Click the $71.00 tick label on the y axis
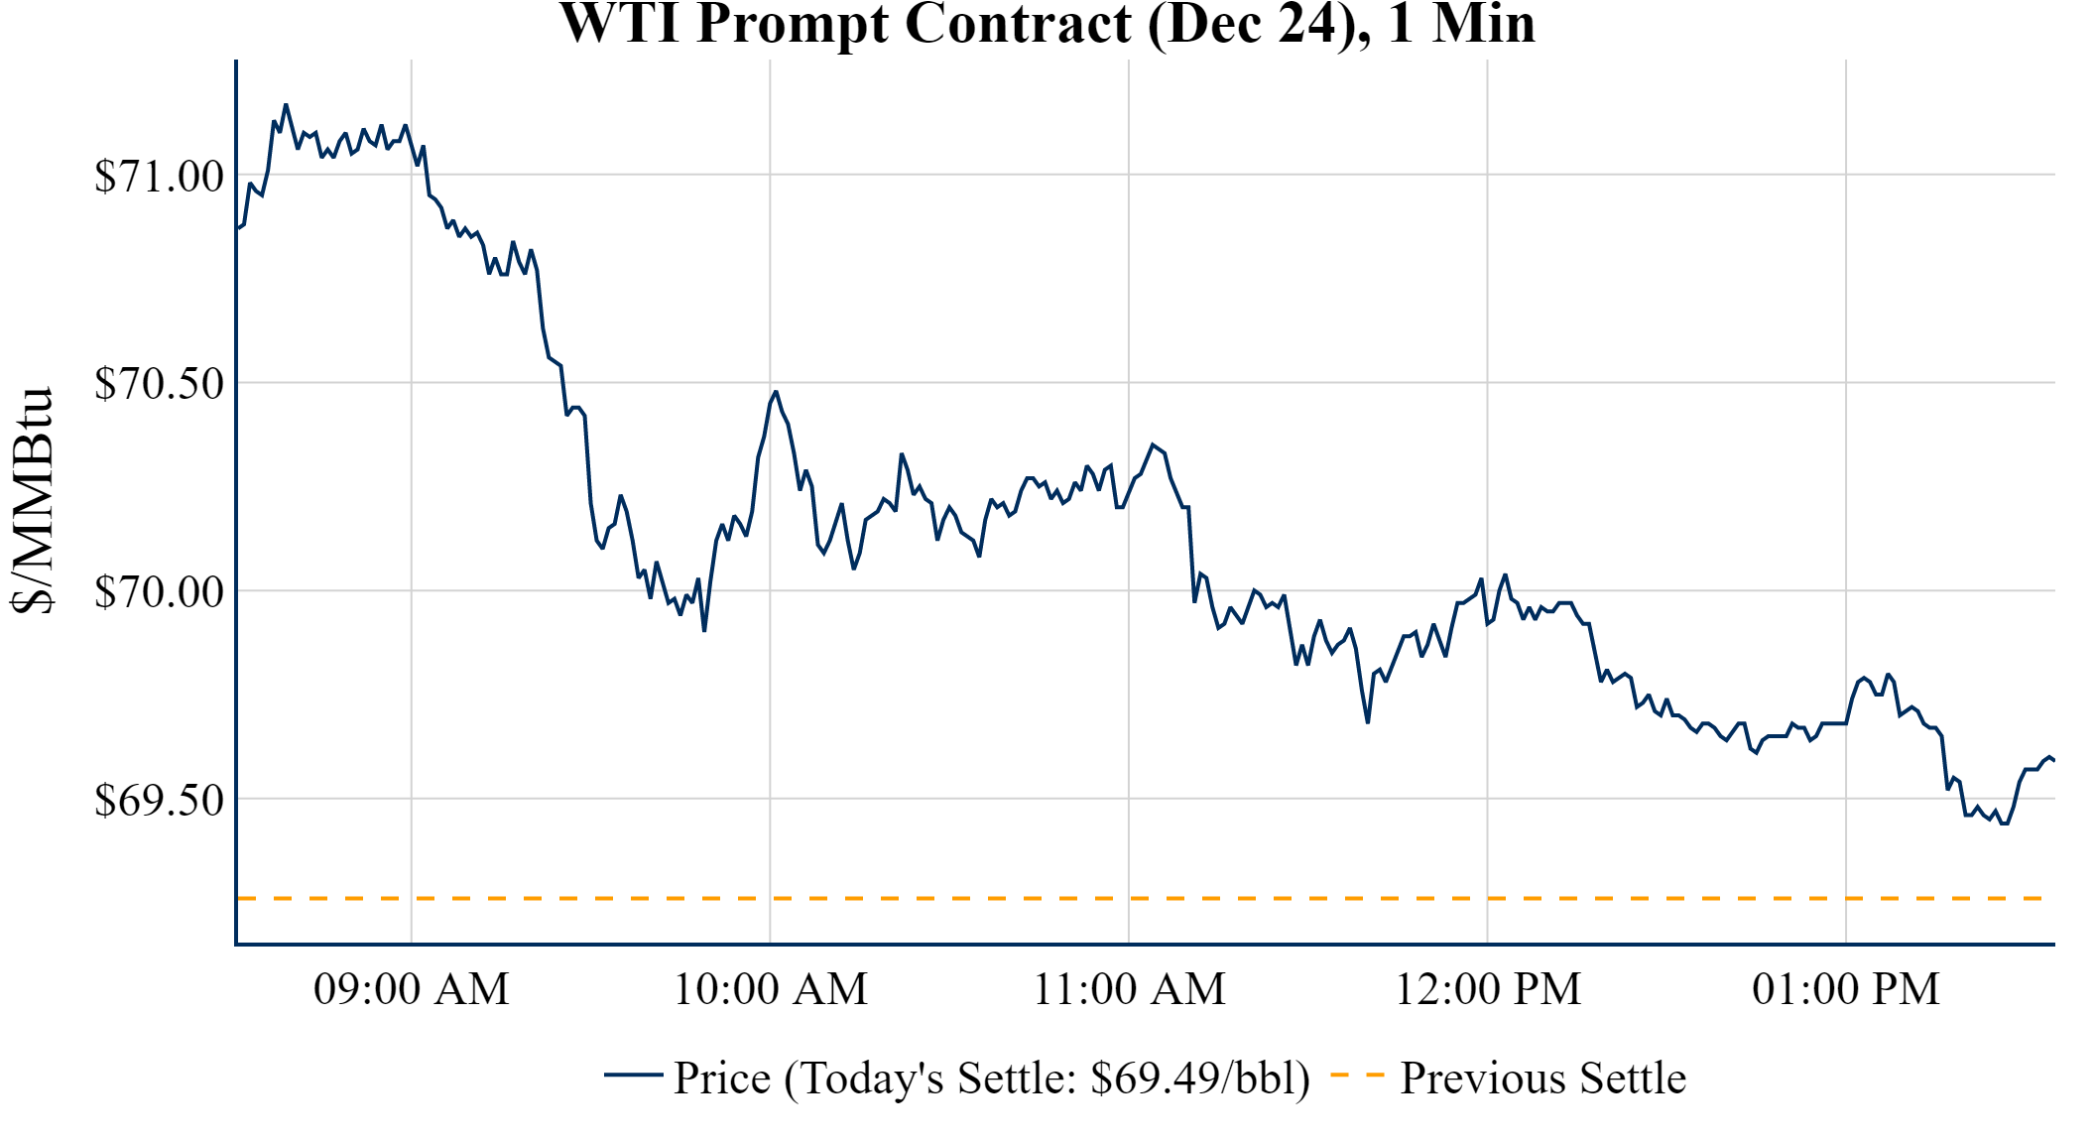(x=159, y=177)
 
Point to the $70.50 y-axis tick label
(x=159, y=384)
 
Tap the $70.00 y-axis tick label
(x=159, y=592)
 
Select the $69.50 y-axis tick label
(x=159, y=801)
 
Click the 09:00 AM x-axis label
(x=411, y=989)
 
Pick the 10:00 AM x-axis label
(x=770, y=989)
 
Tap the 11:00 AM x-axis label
(x=1129, y=989)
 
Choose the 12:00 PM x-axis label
(x=1488, y=989)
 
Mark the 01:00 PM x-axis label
(x=1846, y=989)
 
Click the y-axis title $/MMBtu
(x=32, y=501)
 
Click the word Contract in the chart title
(x=1018, y=24)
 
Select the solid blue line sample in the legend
(x=633, y=1075)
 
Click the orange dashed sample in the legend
(x=1356, y=1075)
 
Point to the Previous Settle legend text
(x=1542, y=1079)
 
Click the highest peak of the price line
(x=286, y=104)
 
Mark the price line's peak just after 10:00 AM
(x=776, y=392)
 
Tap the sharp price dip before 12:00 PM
(x=1368, y=721)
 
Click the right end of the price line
(x=2052, y=760)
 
